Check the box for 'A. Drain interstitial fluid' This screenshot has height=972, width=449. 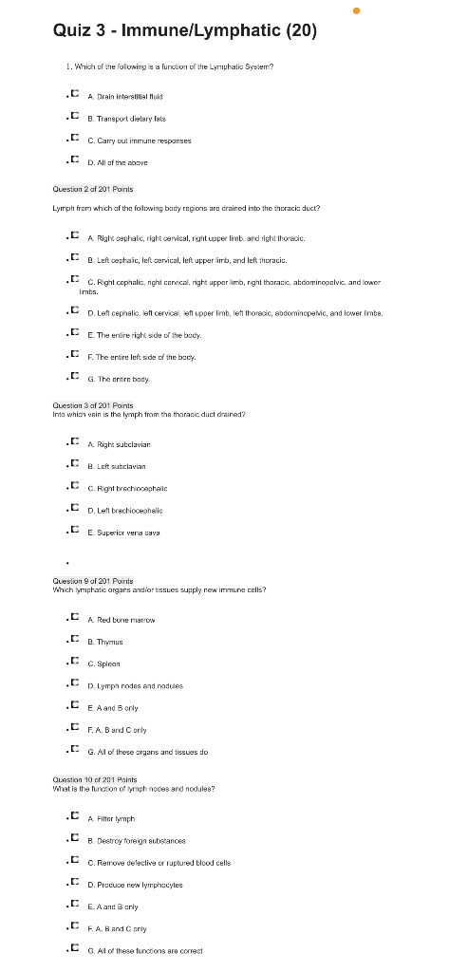(x=75, y=96)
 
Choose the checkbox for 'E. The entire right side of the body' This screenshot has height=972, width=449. (x=75, y=335)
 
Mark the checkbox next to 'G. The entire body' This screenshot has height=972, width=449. (x=75, y=378)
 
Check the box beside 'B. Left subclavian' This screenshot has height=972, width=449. (x=75, y=465)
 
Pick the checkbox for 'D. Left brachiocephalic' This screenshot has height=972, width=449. (x=75, y=509)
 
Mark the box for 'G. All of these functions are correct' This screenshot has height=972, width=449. (x=75, y=948)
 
